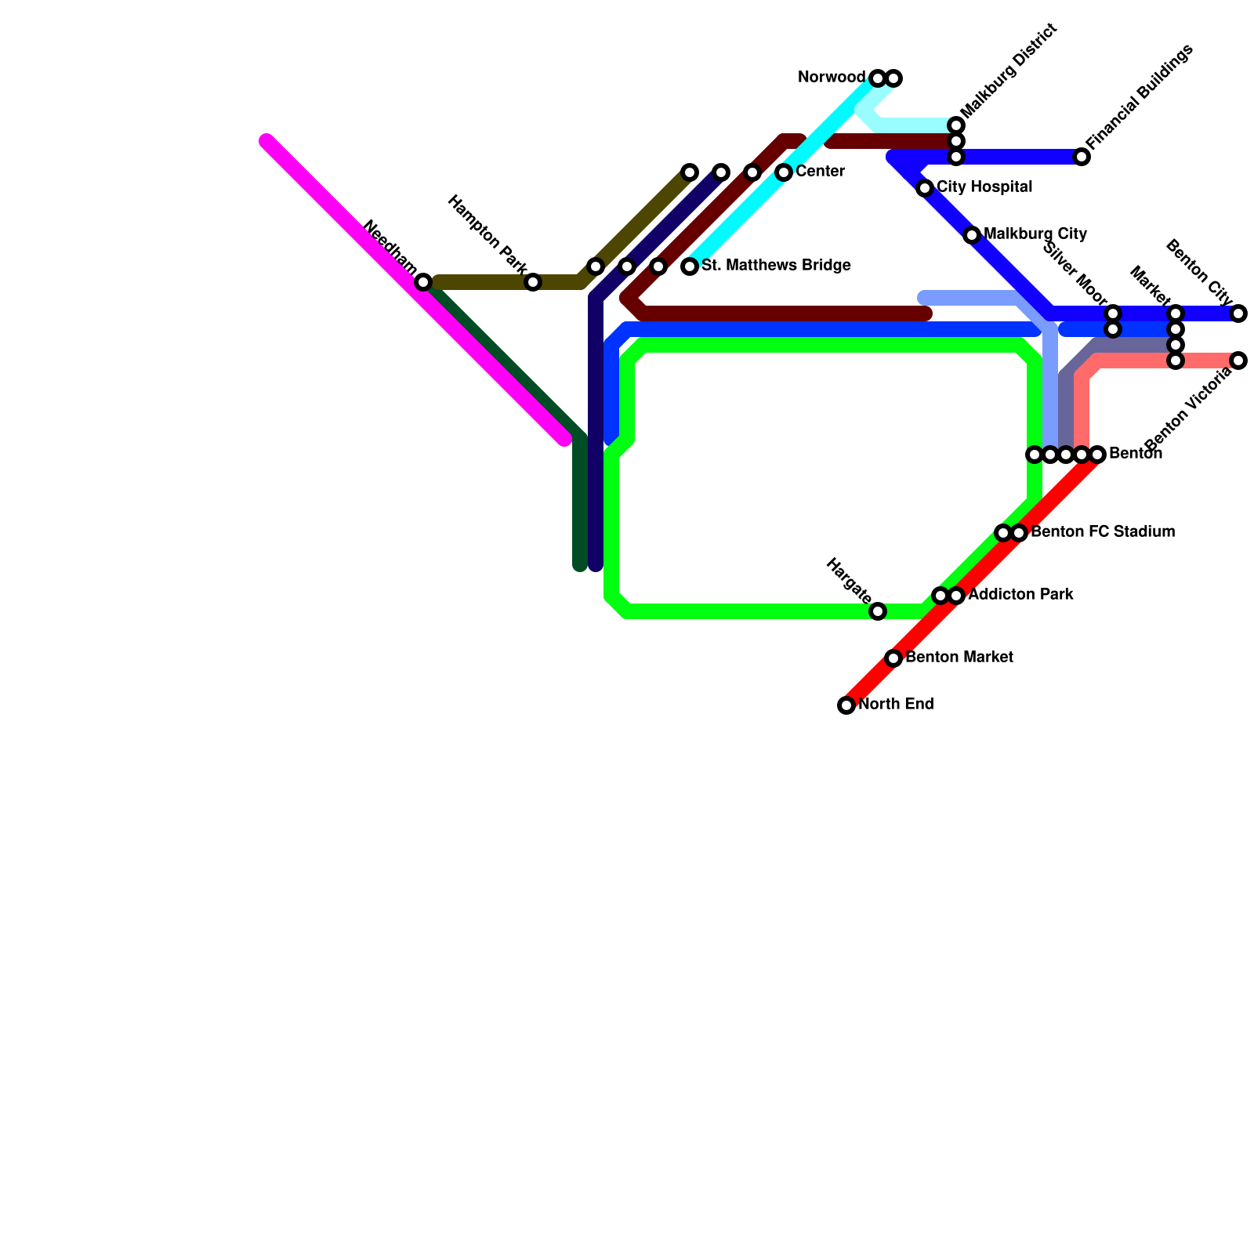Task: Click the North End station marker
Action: [846, 705]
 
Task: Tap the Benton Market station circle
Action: [893, 658]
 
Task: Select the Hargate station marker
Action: [878, 611]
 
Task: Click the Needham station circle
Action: [423, 282]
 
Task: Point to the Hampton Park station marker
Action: [533, 282]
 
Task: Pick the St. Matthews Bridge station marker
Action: [690, 266]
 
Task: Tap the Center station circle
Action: [784, 172]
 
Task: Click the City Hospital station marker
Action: [925, 188]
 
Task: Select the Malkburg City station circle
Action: [972, 235]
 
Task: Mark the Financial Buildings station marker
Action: [1082, 157]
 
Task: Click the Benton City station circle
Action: [1238, 313]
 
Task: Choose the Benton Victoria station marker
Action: [1238, 361]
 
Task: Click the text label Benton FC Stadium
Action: [1103, 532]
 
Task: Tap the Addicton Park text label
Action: [1020, 595]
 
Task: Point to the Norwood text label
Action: [831, 78]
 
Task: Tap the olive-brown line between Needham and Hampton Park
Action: [478, 282]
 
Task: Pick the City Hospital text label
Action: [984, 187]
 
